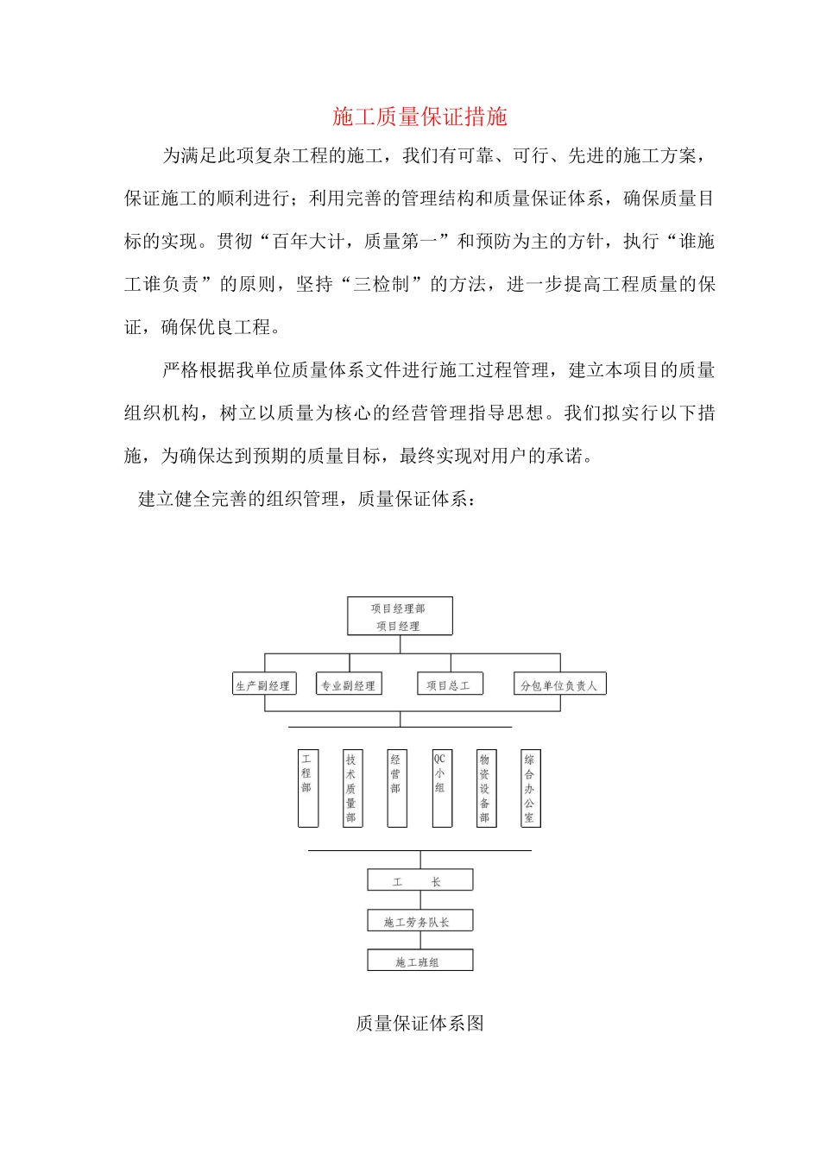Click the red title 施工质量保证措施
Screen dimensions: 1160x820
click(x=419, y=117)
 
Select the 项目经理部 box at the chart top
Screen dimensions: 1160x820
click(x=400, y=616)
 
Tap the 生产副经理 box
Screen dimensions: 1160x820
click(x=264, y=684)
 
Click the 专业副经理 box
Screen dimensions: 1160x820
click(x=349, y=684)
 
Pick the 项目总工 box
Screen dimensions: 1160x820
click(x=449, y=684)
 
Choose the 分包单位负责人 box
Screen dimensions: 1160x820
click(x=559, y=684)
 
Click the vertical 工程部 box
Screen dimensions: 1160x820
click(x=307, y=788)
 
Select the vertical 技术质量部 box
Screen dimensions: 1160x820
click(x=351, y=788)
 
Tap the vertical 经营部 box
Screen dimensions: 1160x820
click(x=396, y=788)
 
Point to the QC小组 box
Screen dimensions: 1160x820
click(x=441, y=788)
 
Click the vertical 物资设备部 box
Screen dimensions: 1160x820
click(x=486, y=788)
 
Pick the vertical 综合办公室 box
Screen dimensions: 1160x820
click(x=530, y=788)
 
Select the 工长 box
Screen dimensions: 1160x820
click(x=419, y=880)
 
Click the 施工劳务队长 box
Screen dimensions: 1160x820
click(x=419, y=921)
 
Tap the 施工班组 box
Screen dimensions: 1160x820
click(x=419, y=961)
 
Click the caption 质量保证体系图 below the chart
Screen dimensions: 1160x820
click(x=419, y=1024)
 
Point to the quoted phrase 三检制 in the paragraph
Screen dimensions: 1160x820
click(x=381, y=284)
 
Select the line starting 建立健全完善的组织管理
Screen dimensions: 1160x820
click(x=307, y=499)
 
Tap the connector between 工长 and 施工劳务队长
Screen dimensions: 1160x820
click(x=420, y=900)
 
